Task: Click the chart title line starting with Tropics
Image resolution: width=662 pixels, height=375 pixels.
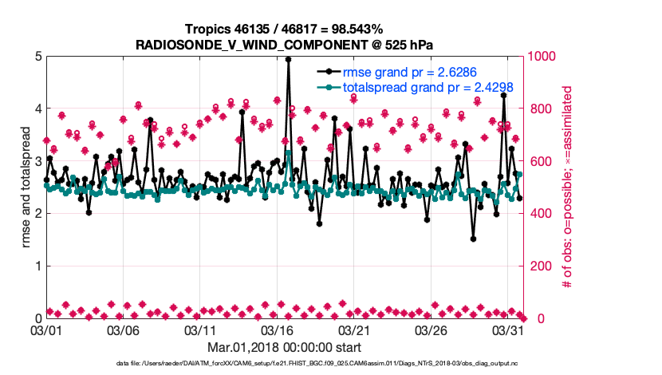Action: coord(285,30)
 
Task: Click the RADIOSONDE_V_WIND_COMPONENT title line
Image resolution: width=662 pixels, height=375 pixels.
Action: coord(285,45)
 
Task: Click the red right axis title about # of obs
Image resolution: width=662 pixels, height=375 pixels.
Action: coord(568,187)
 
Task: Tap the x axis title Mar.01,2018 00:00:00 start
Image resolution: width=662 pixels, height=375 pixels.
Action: coord(285,347)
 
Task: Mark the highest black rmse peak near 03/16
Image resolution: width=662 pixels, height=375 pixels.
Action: coord(288,59)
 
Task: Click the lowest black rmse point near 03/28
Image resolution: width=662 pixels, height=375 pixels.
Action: coord(473,239)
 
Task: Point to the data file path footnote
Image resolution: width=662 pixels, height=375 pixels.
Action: coord(285,364)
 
